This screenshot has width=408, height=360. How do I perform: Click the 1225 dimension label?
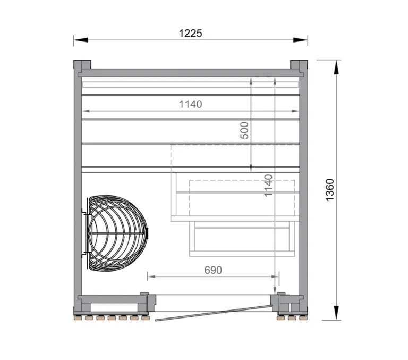190,34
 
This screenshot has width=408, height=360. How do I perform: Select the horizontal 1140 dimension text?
190,104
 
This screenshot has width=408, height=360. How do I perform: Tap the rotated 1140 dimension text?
268,185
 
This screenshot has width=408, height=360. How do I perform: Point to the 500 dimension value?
244,130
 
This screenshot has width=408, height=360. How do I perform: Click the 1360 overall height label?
330,190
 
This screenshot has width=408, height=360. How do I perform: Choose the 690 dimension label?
212,270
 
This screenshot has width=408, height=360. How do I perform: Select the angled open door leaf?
212,313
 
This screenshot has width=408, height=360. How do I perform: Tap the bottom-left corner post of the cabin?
81,305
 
